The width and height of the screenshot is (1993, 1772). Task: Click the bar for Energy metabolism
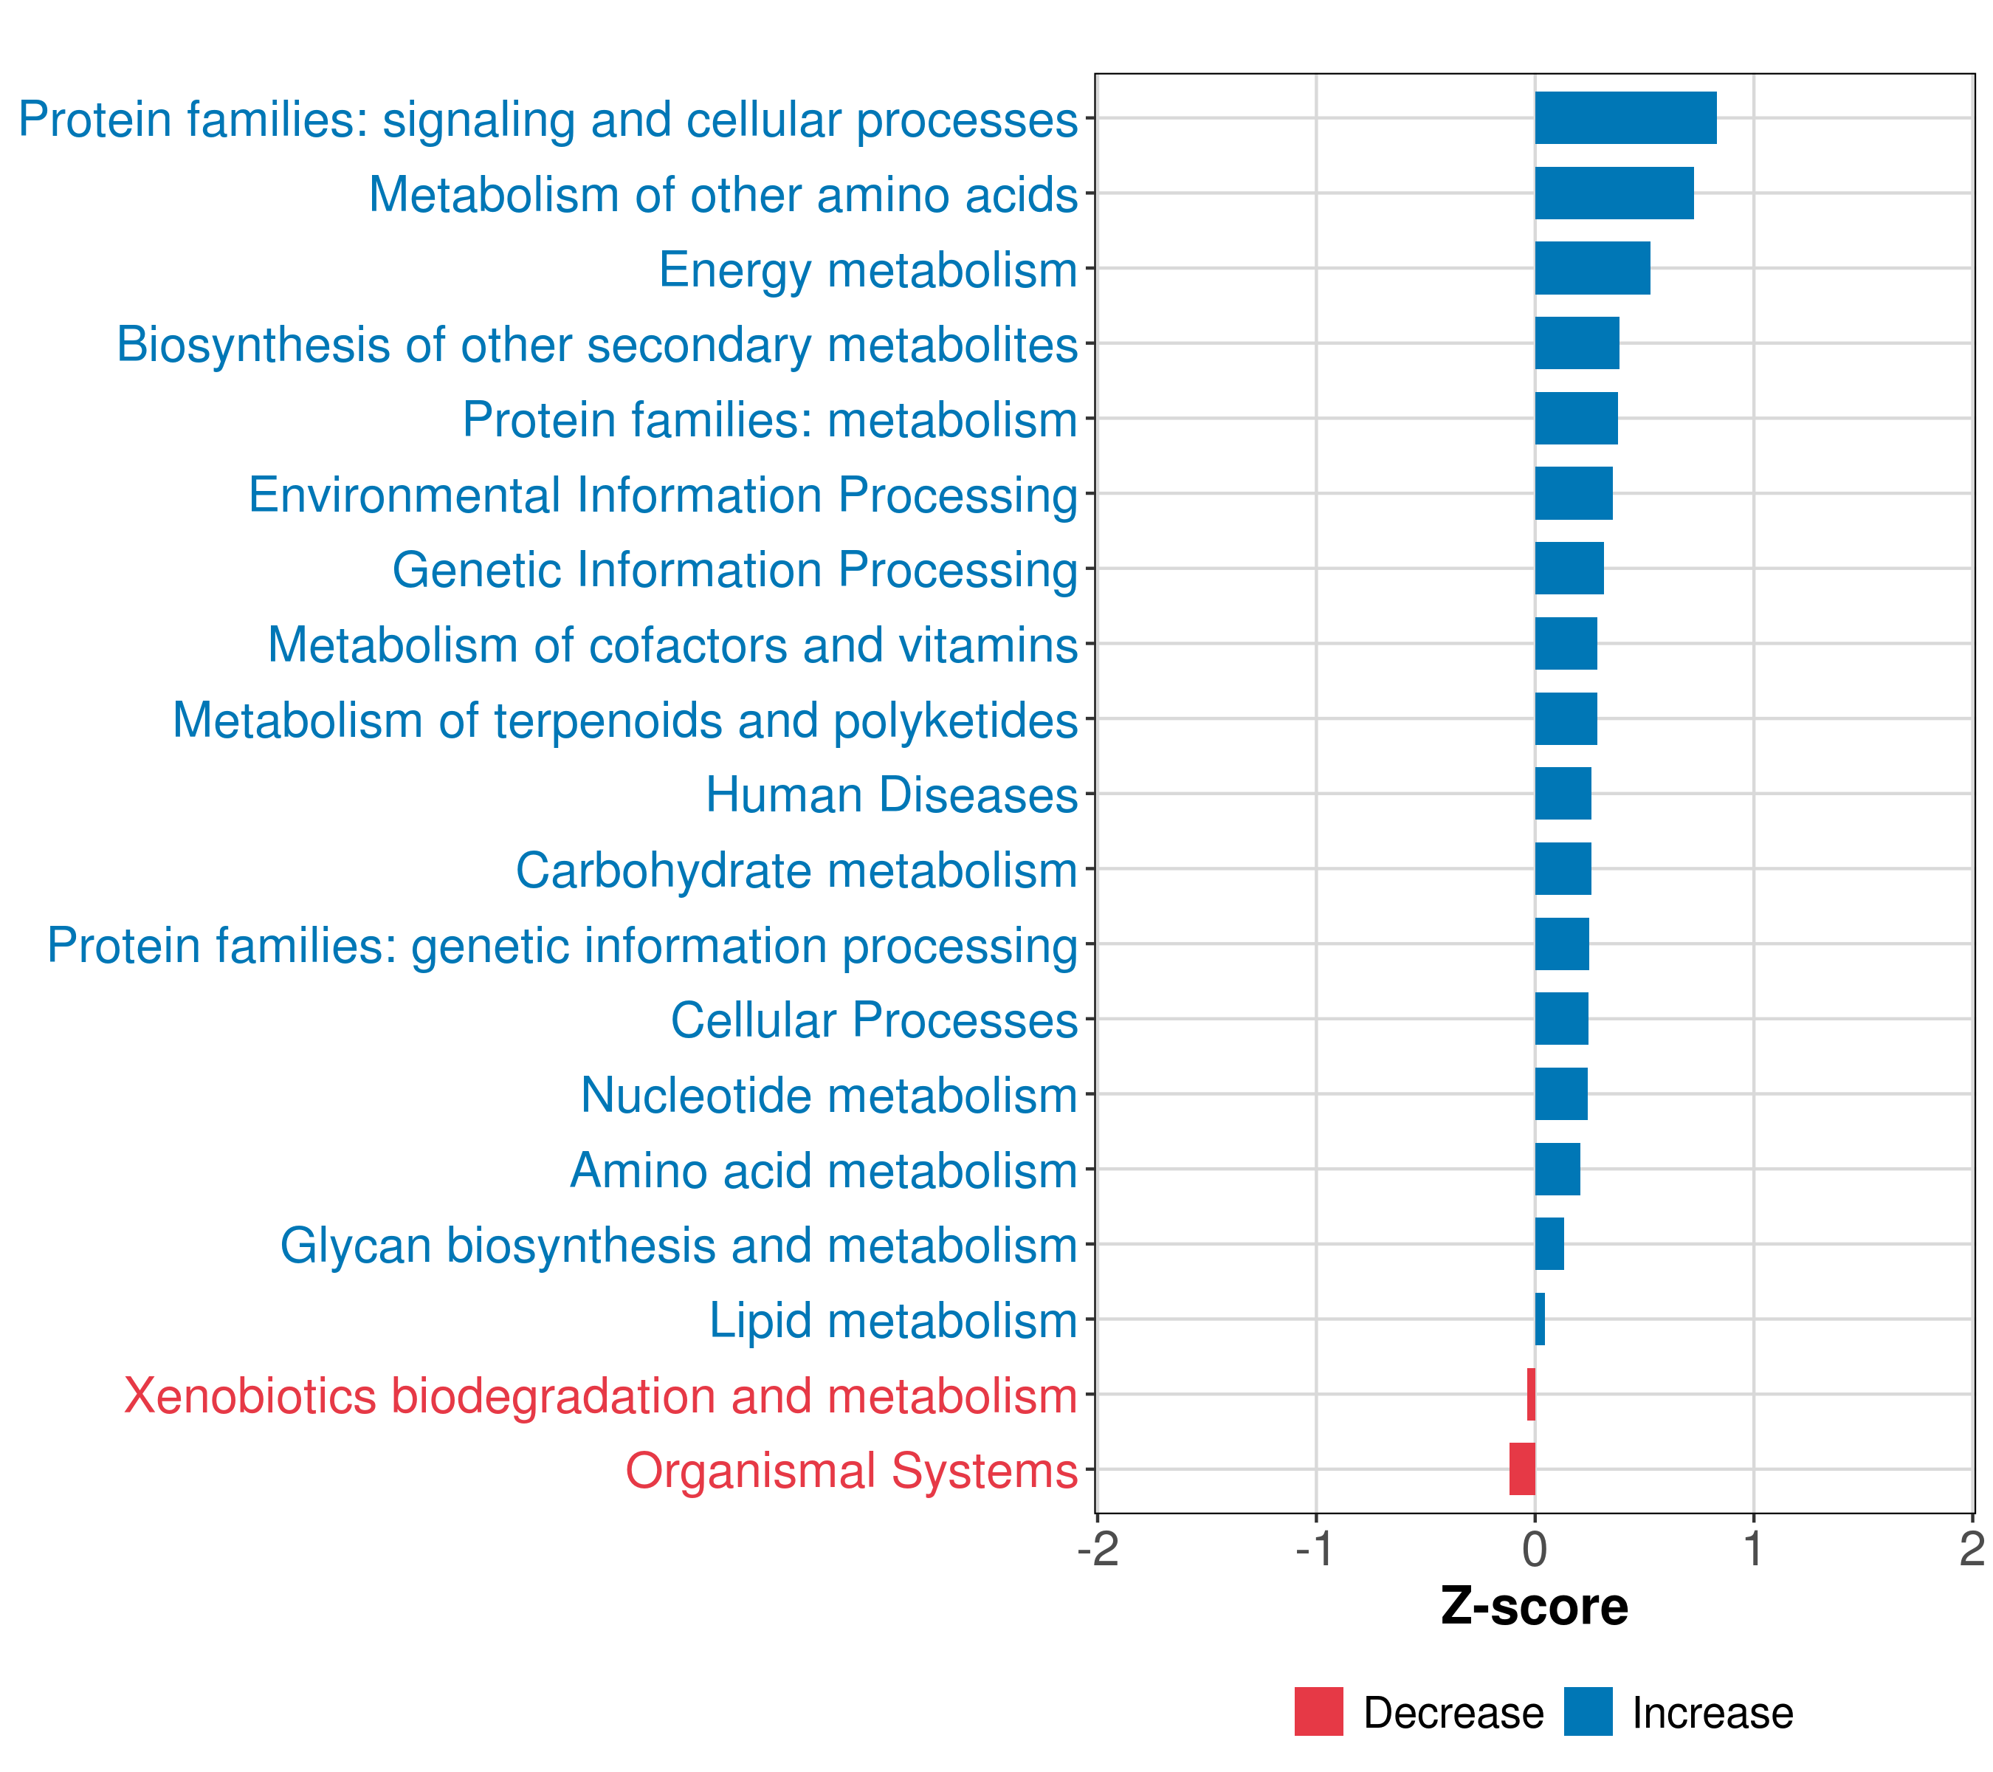tap(1591, 268)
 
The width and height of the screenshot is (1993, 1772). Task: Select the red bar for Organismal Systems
tap(1521, 1469)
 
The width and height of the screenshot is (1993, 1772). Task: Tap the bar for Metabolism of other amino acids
tap(1613, 193)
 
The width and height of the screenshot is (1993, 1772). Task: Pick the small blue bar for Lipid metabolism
tap(1540, 1319)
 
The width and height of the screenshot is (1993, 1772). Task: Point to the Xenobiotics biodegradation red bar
tap(1531, 1394)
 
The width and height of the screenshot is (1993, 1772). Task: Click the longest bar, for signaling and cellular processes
tap(1625, 118)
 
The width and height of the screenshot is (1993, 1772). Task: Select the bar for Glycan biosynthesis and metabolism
tap(1549, 1243)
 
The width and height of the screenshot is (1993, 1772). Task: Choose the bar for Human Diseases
tap(1562, 794)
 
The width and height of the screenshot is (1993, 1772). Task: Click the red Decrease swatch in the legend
tap(1318, 1712)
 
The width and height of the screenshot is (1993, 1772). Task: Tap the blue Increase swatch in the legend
tap(1587, 1712)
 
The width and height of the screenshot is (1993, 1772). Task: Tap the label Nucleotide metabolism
tap(829, 1095)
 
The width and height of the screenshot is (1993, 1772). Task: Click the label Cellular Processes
tap(874, 1020)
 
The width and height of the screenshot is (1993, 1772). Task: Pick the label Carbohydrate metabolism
tap(796, 870)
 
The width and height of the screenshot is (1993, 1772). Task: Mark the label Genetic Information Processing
tap(734, 569)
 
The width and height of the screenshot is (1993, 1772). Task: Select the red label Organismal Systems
tap(851, 1471)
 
